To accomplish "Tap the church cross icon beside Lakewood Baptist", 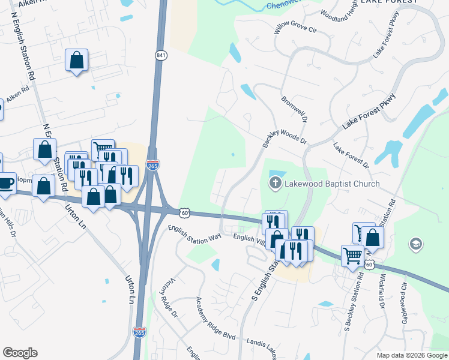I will pyautogui.click(x=276, y=183).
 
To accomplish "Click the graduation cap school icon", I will pyautogui.click(x=415, y=244).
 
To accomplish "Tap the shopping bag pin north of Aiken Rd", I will pyautogui.click(x=76, y=60).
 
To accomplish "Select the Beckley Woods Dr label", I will pyautogui.click(x=285, y=140).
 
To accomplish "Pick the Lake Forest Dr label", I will pyautogui.click(x=351, y=155).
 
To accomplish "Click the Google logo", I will pyautogui.click(x=20, y=353).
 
